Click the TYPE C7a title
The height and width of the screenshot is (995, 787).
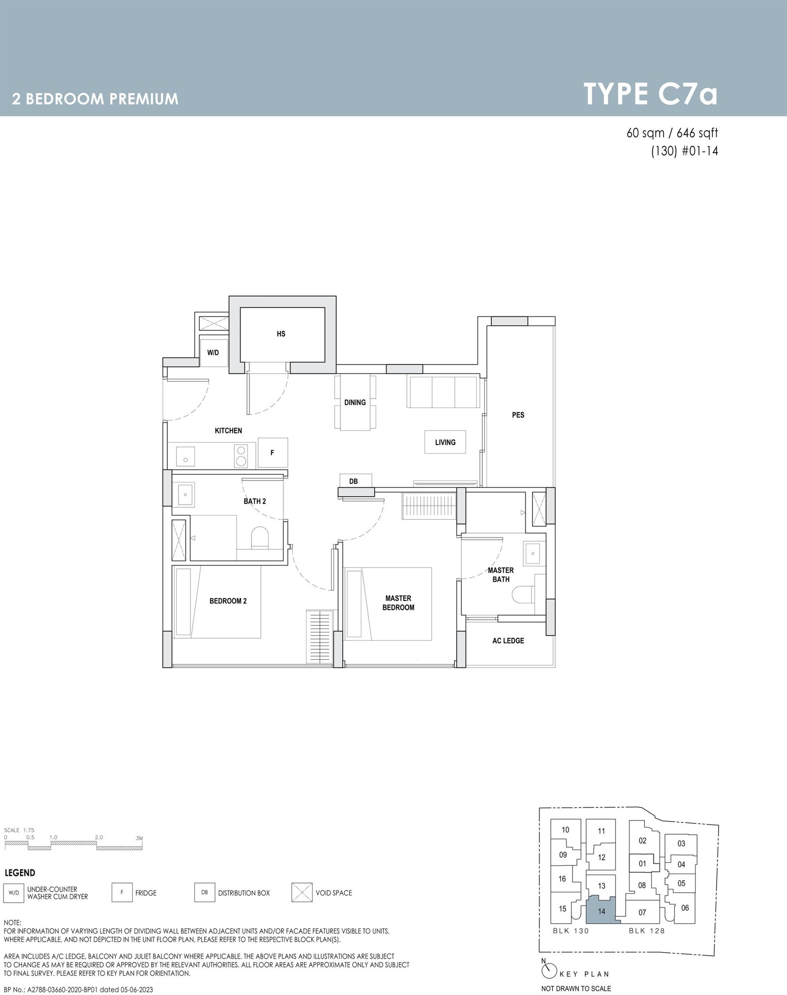650,94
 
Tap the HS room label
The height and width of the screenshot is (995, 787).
281,334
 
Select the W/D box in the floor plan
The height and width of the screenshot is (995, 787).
213,352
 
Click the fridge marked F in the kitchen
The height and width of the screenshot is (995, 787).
272,453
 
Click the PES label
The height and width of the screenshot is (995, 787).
518,415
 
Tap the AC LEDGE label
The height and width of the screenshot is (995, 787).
508,641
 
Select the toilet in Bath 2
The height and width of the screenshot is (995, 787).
259,539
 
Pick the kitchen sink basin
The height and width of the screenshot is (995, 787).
185,455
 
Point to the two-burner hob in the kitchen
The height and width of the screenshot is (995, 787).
241,455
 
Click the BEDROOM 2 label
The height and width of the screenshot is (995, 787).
228,601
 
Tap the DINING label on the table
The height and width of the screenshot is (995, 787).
355,402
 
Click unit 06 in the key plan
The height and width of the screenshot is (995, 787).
685,908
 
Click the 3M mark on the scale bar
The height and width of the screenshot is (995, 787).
139,838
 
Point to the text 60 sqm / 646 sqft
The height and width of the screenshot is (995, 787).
672,133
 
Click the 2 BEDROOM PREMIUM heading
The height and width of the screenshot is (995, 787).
95,99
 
